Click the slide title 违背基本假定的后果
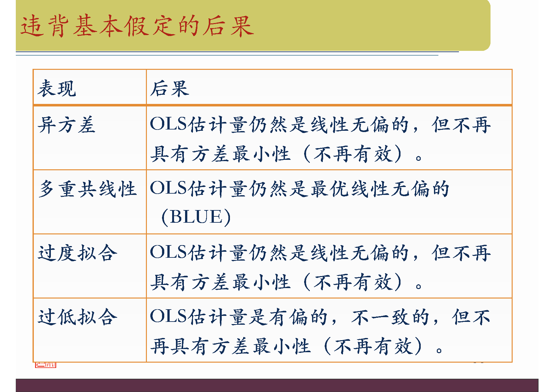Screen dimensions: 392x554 (137, 26)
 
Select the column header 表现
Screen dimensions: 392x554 (57, 88)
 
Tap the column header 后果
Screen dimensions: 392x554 (170, 88)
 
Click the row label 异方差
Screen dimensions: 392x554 (66, 125)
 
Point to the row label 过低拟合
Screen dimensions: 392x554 (77, 317)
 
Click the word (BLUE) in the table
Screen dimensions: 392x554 (196, 217)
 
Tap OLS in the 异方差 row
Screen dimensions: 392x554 (168, 124)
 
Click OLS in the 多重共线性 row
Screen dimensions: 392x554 (168, 188)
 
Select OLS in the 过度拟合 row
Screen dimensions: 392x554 (168, 252)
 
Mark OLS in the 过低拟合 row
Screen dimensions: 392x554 (168, 316)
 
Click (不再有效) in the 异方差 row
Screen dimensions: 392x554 (353, 154)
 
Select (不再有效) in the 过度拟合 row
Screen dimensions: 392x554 (353, 282)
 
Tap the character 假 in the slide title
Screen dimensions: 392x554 (136, 26)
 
